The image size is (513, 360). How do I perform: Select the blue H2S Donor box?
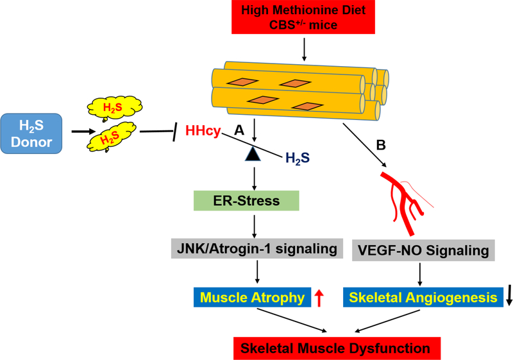(x=31, y=133)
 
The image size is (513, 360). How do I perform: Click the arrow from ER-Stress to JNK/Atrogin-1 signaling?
(x=256, y=225)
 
